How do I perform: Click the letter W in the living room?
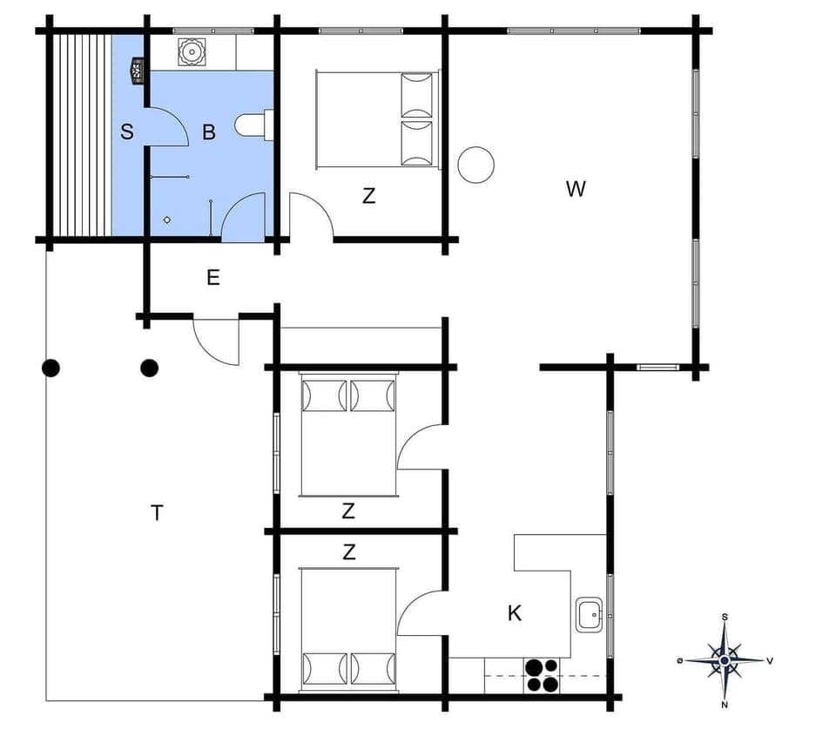coord(576,189)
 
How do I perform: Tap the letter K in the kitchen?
coord(515,613)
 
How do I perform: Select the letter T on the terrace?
coord(157,513)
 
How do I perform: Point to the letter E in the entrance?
coord(212,279)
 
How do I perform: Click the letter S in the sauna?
coord(127,132)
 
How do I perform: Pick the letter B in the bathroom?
coord(209,132)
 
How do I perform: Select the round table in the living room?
coord(476,165)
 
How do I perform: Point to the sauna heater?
coord(137,70)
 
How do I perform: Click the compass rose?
coord(725,660)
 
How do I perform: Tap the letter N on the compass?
coord(725,704)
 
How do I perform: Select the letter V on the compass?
coord(770,660)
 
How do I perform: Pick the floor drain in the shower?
coord(167,220)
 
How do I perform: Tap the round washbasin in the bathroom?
coord(190,52)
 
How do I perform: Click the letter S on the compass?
coord(725,617)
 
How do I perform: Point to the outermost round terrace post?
coord(51,368)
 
